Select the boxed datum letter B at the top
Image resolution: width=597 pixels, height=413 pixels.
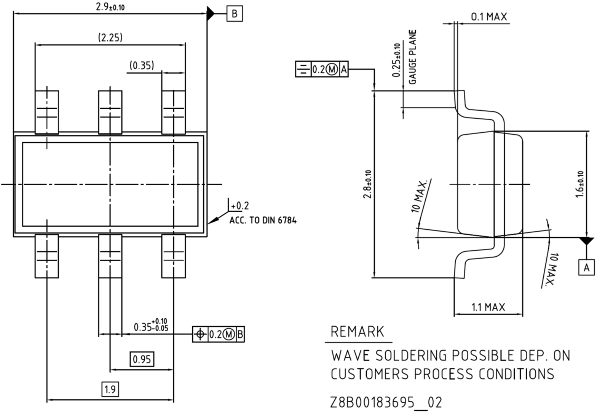click(235, 14)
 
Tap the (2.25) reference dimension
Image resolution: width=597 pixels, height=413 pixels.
click(110, 37)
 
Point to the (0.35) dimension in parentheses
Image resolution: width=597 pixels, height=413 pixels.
click(142, 65)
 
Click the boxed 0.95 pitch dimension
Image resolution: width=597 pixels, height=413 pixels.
click(142, 359)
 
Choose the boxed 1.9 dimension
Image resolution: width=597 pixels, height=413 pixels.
click(110, 389)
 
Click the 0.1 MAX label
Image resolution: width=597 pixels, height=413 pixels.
click(489, 17)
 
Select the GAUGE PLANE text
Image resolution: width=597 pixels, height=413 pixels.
click(412, 57)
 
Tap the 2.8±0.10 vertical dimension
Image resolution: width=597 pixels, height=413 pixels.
click(367, 184)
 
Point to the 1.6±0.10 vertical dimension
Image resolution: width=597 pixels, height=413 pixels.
click(580, 184)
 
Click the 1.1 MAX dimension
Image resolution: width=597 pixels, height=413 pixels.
click(488, 307)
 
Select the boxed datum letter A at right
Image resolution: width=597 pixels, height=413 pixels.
click(586, 267)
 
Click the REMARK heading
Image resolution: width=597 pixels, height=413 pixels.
click(358, 332)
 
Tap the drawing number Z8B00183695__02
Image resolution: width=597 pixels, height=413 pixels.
click(386, 402)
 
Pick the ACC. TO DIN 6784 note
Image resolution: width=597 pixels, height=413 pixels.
click(263, 220)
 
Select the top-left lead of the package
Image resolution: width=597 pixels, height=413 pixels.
click(47, 112)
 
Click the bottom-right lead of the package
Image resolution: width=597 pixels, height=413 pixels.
click(174, 256)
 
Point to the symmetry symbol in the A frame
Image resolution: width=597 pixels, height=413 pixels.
click(303, 69)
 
